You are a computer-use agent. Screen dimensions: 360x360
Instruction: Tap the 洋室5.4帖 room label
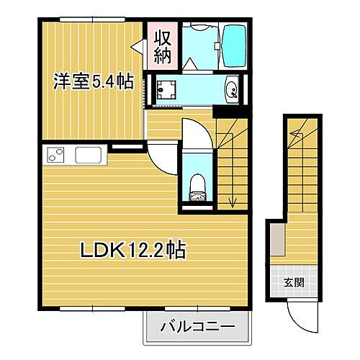click(92, 82)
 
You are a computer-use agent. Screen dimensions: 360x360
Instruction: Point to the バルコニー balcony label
click(199, 326)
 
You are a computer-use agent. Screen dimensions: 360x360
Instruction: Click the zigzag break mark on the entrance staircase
click(296, 134)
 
